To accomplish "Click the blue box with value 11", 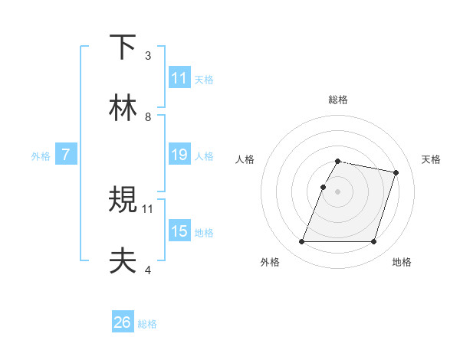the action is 179,78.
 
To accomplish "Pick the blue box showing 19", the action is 179,155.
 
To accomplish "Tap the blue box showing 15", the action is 179,231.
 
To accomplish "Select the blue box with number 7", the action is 66,155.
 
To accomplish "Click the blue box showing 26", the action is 123,322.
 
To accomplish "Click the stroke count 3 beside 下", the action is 148,56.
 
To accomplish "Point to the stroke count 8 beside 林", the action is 148,116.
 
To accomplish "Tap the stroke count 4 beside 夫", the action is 148,270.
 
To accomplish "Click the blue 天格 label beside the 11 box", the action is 204,79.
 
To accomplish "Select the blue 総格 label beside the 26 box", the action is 147,324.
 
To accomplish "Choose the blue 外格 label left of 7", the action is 41,156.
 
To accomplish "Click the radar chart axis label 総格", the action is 338,100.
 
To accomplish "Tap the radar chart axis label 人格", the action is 245,159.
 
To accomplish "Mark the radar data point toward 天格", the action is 396,173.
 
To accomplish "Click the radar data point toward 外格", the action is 302,242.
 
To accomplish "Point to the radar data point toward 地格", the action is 373,242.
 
